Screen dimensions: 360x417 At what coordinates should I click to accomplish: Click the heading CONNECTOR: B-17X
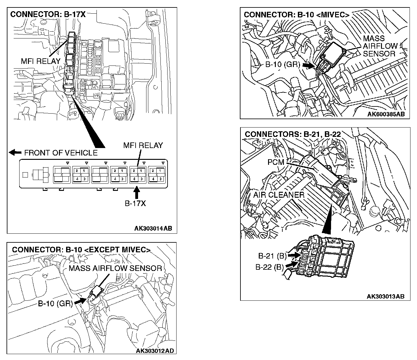[48, 15]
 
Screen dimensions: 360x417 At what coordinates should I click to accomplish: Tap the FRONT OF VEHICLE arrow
[15, 152]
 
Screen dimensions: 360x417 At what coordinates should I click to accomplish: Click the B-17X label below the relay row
[135, 204]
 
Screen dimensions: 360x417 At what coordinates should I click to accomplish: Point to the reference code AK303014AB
[153, 228]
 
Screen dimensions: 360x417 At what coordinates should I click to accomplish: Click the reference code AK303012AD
[155, 351]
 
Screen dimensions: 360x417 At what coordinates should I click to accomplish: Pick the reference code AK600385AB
[386, 114]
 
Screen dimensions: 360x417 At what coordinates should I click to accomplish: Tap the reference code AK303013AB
[386, 296]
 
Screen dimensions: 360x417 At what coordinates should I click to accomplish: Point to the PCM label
[276, 162]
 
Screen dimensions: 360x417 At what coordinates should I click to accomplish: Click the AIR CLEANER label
[279, 195]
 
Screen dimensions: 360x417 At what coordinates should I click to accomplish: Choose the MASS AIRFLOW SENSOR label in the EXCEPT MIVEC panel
[115, 268]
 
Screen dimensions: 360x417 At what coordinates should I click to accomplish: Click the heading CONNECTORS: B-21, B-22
[293, 134]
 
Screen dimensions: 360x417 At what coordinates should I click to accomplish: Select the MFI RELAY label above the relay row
[143, 145]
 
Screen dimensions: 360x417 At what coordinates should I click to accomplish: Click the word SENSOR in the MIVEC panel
[379, 54]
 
